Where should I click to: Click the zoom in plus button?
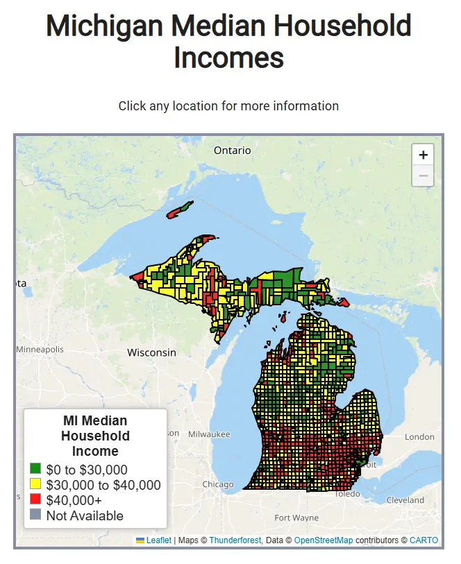coord(423,155)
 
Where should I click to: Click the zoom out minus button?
coord(423,176)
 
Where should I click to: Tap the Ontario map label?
coord(233,151)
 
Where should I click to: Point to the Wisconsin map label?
coord(151,352)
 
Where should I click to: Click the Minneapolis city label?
coord(40,349)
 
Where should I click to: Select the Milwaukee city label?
coord(208,434)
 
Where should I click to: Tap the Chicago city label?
coord(218,484)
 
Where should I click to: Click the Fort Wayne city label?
coord(296,518)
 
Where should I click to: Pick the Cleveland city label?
coord(405,499)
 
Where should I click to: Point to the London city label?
coord(419,437)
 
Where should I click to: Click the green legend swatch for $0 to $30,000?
coord(36,470)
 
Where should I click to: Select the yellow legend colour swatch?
coord(36,485)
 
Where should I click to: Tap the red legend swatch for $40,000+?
coord(36,500)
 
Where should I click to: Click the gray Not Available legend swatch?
coord(36,515)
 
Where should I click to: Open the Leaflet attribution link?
coord(158,540)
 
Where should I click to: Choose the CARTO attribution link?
coord(424,540)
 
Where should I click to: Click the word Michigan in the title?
coord(104,26)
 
